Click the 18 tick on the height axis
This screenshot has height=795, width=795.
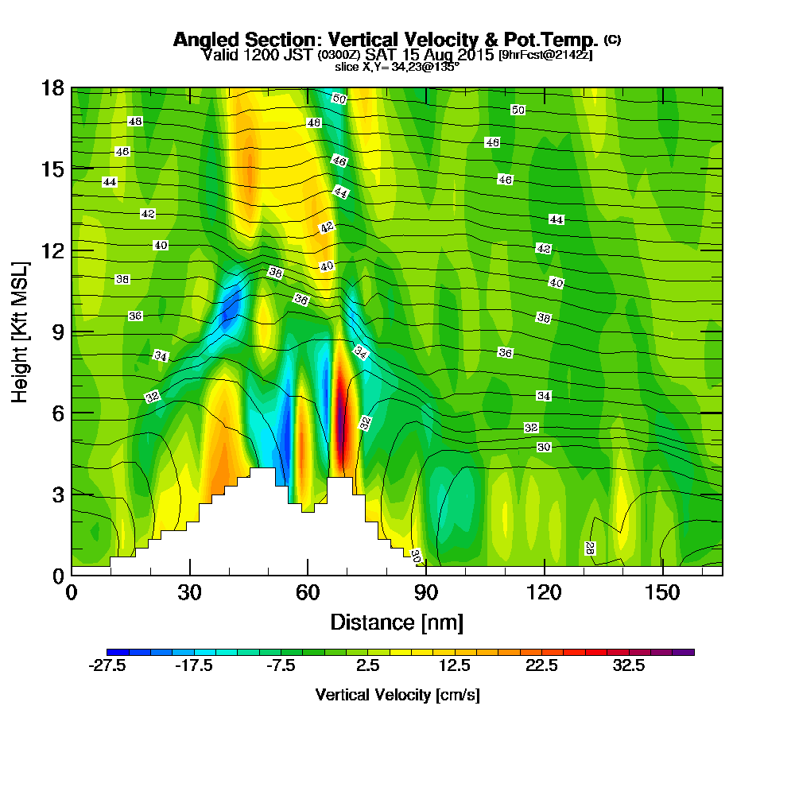click(x=72, y=87)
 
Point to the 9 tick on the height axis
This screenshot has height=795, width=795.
click(x=72, y=332)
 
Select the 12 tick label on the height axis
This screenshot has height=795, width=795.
click(x=52, y=250)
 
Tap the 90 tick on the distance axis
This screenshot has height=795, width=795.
click(x=426, y=574)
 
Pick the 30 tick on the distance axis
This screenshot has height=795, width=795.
click(x=189, y=574)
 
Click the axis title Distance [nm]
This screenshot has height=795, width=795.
click(x=397, y=621)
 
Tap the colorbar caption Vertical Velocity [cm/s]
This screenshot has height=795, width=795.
click(x=397, y=695)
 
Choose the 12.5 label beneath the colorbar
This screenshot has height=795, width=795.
click(x=456, y=667)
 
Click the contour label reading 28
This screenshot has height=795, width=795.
click(x=590, y=549)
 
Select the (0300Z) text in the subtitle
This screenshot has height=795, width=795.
click(x=340, y=56)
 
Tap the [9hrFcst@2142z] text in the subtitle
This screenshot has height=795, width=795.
click(x=545, y=56)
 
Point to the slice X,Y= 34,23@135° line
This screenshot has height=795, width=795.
click(x=397, y=67)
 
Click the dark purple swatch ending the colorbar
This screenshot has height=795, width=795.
click(x=683, y=652)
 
